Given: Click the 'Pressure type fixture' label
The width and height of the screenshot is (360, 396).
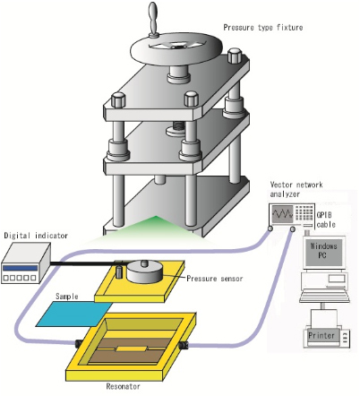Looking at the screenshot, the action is [263, 28].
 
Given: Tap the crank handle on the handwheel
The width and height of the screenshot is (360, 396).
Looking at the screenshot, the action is [153, 20].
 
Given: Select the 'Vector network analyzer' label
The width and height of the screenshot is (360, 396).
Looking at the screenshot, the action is [296, 189].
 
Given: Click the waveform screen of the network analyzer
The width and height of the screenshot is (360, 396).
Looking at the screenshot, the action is [282, 214].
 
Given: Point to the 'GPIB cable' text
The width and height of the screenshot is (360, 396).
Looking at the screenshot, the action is [326, 220].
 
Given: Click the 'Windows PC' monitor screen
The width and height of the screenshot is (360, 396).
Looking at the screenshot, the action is [323, 251].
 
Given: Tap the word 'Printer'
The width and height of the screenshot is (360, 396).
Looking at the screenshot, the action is [321, 335].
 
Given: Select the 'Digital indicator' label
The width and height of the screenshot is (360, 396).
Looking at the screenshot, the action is [36, 236].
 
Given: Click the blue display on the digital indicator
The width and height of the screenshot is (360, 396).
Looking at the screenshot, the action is [20, 268].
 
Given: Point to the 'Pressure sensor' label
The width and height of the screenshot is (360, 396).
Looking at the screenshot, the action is [214, 279].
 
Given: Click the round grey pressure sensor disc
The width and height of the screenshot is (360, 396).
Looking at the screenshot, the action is [145, 271].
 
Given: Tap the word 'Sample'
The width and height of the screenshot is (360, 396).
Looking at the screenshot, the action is [67, 297].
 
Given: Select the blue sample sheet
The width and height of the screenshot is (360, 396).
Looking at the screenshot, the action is [74, 314].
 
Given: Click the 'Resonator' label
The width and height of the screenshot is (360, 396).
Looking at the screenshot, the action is [123, 386].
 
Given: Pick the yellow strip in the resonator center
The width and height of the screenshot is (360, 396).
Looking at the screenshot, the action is [132, 349].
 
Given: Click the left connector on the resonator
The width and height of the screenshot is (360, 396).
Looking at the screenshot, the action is [79, 343].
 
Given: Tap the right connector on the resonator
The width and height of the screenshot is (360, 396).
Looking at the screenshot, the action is [183, 345].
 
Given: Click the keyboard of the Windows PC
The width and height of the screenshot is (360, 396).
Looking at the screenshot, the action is [324, 297].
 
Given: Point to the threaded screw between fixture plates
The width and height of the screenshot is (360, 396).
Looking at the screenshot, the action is [178, 127].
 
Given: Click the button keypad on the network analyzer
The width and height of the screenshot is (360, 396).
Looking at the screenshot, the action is [304, 213].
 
